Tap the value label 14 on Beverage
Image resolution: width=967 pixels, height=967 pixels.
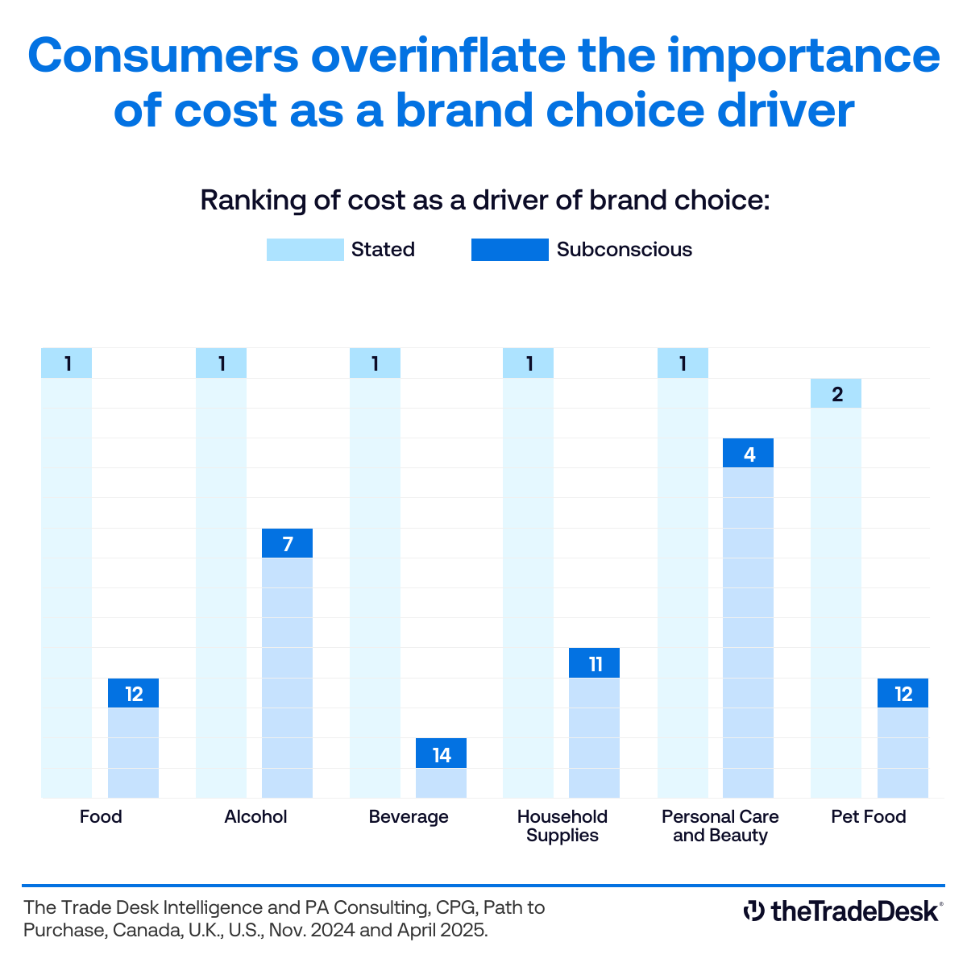[441, 754]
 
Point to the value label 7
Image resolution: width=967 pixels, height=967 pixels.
[287, 544]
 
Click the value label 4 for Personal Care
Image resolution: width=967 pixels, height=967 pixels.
[749, 454]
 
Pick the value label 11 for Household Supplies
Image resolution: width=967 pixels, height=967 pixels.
[595, 663]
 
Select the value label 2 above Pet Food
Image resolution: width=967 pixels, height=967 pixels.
[836, 394]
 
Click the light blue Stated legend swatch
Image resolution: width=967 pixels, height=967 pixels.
[305, 250]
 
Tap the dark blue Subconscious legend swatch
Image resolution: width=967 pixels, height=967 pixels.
[509, 250]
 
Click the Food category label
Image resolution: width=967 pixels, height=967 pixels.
[101, 817]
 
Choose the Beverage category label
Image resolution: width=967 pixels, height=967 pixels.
[409, 817]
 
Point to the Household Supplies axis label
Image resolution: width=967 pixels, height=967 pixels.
[562, 826]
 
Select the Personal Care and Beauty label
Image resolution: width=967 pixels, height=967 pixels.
[720, 826]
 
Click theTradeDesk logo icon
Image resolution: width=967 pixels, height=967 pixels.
[753, 911]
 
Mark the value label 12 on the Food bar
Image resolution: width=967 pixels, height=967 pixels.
[134, 694]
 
